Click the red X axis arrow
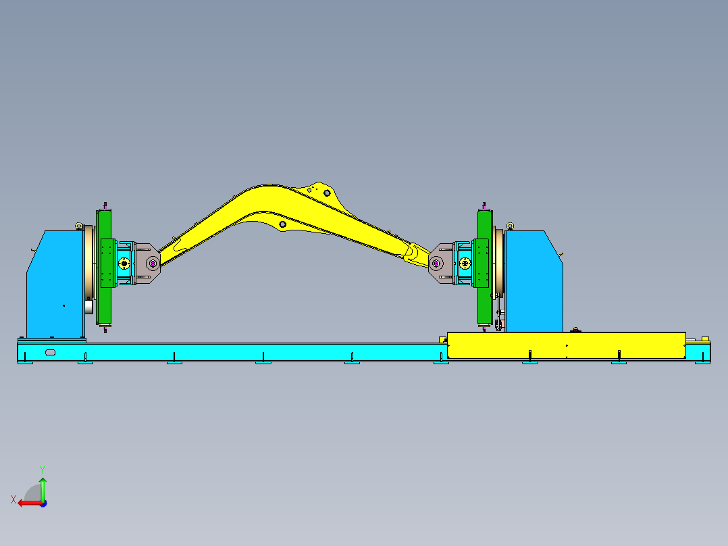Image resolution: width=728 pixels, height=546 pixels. point(30,503)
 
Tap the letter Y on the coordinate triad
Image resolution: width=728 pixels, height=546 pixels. point(43,470)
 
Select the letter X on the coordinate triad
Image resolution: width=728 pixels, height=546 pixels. point(14,499)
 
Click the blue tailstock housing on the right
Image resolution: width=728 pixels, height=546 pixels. point(534,282)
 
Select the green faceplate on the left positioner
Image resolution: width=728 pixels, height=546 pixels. point(104,267)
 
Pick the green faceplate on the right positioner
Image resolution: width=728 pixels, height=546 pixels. point(485,267)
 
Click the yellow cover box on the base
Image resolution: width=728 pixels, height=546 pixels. point(566,345)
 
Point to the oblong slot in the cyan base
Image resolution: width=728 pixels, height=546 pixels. point(50,352)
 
